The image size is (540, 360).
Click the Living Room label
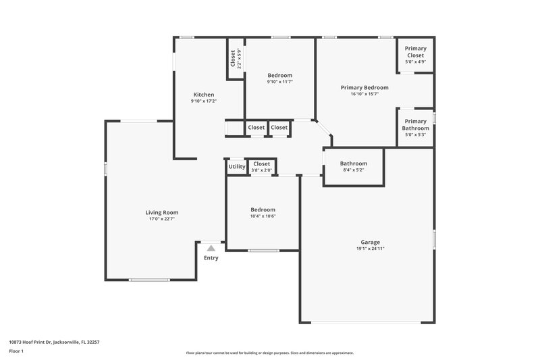(x=162, y=212)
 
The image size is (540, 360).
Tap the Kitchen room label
(x=204, y=95)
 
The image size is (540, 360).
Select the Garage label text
(x=370, y=242)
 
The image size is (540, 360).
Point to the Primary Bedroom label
(x=364, y=87)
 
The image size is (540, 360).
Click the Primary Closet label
(x=415, y=52)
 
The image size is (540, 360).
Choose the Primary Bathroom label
(x=415, y=124)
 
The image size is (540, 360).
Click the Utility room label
(x=237, y=166)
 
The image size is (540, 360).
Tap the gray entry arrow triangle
(x=211, y=249)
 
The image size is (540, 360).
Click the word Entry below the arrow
(x=211, y=257)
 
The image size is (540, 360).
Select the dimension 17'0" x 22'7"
(x=162, y=219)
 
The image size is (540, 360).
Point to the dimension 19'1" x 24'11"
(x=370, y=249)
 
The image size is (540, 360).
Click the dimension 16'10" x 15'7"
(x=364, y=94)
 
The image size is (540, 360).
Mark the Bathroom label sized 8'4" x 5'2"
(x=354, y=163)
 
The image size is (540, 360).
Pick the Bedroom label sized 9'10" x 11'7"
(x=280, y=75)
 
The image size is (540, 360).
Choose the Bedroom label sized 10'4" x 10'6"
(x=263, y=209)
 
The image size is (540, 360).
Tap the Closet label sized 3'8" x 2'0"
(x=262, y=163)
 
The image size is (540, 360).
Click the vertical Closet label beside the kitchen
(x=233, y=59)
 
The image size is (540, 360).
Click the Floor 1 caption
(x=17, y=351)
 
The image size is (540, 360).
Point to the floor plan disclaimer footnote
(x=270, y=353)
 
